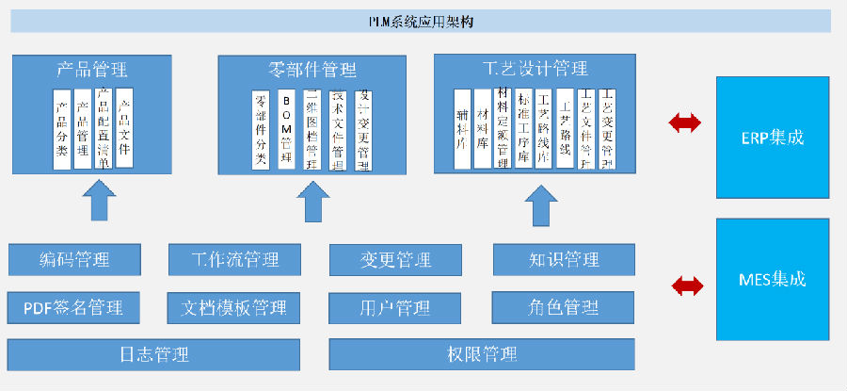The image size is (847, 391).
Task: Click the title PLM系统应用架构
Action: [x=421, y=21]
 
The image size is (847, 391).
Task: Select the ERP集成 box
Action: [x=772, y=138]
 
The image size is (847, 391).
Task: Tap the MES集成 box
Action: [x=772, y=279]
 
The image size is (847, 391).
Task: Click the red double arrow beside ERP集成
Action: [x=683, y=122]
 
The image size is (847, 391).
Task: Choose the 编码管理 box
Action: [x=74, y=259]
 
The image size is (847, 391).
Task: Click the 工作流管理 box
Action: [x=234, y=259]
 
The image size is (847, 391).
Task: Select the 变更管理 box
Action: [x=395, y=260]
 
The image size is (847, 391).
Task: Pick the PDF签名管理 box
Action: [x=74, y=306]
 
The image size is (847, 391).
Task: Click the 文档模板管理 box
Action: [x=234, y=306]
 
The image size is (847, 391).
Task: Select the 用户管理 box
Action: [x=395, y=307]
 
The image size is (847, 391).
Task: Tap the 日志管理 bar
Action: [x=154, y=354]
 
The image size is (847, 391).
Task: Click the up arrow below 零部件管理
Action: [x=312, y=200]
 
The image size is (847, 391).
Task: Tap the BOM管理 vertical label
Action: [x=286, y=130]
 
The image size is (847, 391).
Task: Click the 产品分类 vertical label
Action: [x=62, y=130]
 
